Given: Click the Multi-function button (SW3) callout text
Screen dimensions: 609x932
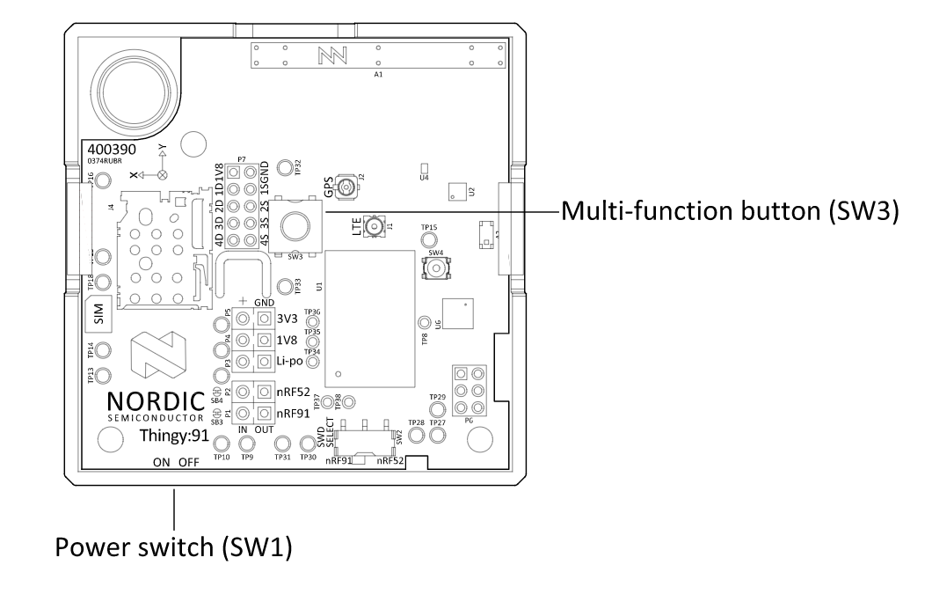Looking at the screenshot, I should tap(730, 212).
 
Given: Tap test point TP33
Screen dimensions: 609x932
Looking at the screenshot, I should tap(285, 287).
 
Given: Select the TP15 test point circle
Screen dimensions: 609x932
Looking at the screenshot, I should tap(429, 239).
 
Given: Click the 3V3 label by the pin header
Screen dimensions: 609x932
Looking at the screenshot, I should tap(286, 319).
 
